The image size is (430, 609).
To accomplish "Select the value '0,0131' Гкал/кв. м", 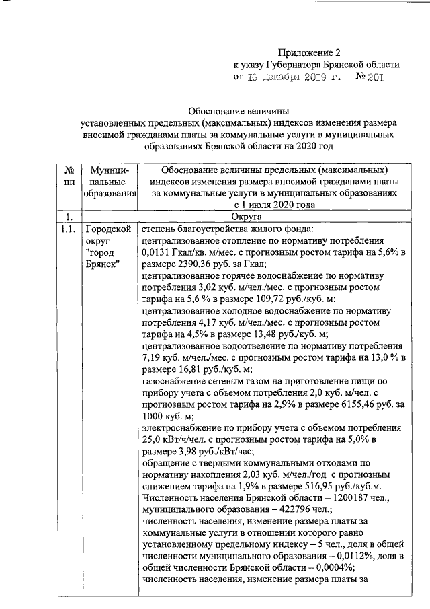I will pos(158,254).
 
